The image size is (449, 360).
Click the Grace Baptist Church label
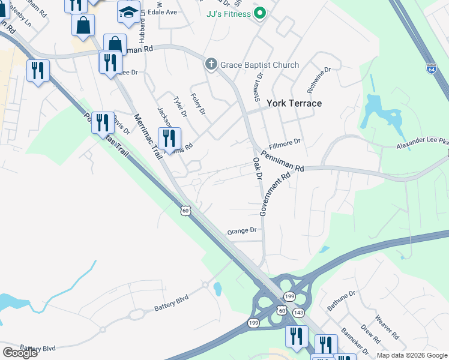(x=259, y=65)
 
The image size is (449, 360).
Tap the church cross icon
(x=211, y=64)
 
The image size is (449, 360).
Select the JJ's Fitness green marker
(x=259, y=13)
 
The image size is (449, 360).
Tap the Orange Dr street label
(x=242, y=230)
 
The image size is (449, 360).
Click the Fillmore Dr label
(x=285, y=142)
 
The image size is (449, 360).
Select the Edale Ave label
(x=163, y=12)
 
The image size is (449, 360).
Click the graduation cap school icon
(x=128, y=12)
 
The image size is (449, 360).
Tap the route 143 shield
(x=298, y=313)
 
